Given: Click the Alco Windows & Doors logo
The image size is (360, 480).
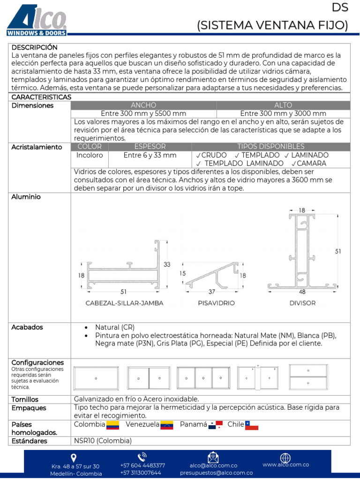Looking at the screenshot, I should (x=37, y=20).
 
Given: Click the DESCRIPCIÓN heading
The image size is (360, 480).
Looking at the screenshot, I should (x=34, y=48).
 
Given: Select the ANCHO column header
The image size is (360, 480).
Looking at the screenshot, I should (x=143, y=105).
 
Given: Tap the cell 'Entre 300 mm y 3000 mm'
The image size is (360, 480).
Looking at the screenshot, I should (x=283, y=113).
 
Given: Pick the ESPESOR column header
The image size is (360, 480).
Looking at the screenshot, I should (x=150, y=147).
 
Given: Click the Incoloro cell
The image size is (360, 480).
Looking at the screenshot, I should (x=90, y=155).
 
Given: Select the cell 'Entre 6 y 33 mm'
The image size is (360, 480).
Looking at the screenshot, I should (x=150, y=155).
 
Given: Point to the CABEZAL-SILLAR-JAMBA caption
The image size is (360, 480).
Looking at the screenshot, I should (x=124, y=303).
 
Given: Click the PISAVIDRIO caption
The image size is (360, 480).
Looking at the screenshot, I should (x=216, y=303).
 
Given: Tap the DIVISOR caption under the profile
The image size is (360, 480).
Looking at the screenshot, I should (x=302, y=303).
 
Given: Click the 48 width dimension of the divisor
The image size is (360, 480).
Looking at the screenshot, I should (x=302, y=292).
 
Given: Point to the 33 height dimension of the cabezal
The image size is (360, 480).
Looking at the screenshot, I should (x=167, y=264).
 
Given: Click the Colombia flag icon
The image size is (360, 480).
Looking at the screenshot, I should (x=113, y=425).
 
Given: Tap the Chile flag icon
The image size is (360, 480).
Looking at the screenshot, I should (x=252, y=425).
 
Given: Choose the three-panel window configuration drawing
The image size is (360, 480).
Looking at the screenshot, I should (x=203, y=378).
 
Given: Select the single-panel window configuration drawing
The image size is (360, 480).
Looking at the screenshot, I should (x=96, y=378).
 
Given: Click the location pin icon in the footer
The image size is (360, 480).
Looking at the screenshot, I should (x=74, y=457).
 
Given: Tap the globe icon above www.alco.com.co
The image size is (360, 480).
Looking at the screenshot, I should (x=285, y=457).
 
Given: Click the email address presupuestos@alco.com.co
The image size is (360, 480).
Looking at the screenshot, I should (x=216, y=473).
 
